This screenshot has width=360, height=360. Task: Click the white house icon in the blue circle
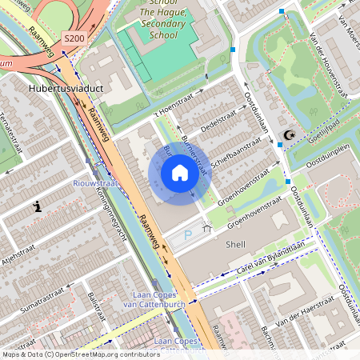coord(180,173)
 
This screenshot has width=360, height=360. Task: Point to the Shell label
coord(236,244)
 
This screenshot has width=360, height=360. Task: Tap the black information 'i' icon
coord(37,206)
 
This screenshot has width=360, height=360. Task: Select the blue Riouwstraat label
coord(95,183)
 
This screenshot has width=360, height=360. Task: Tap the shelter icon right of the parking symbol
coord(206,229)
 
